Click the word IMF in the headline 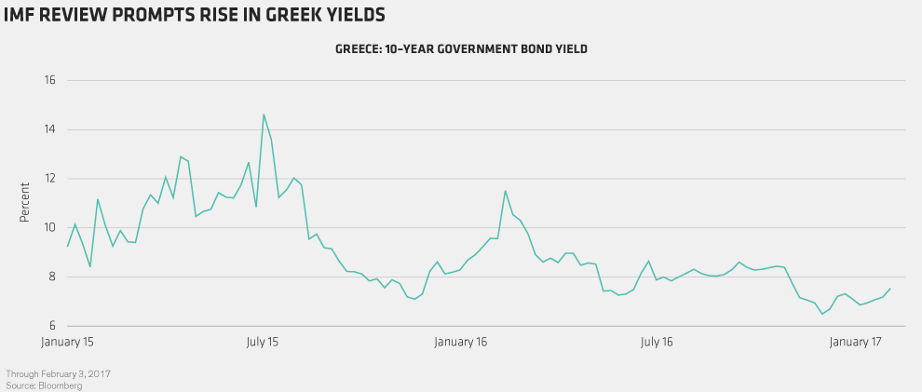point(22,16)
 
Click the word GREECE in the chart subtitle point(359,48)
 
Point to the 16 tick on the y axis point(50,81)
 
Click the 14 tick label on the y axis point(50,130)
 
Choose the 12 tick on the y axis point(50,179)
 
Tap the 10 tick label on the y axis point(50,228)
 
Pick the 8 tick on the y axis point(51,277)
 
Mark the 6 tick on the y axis point(51,326)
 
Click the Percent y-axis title point(25,204)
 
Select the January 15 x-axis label point(68,343)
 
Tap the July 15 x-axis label point(263,343)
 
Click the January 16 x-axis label point(462,343)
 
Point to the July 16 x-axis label point(658,343)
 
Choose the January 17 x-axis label point(855,343)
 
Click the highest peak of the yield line point(264,115)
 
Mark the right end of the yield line point(890,288)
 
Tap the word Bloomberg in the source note point(57,385)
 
